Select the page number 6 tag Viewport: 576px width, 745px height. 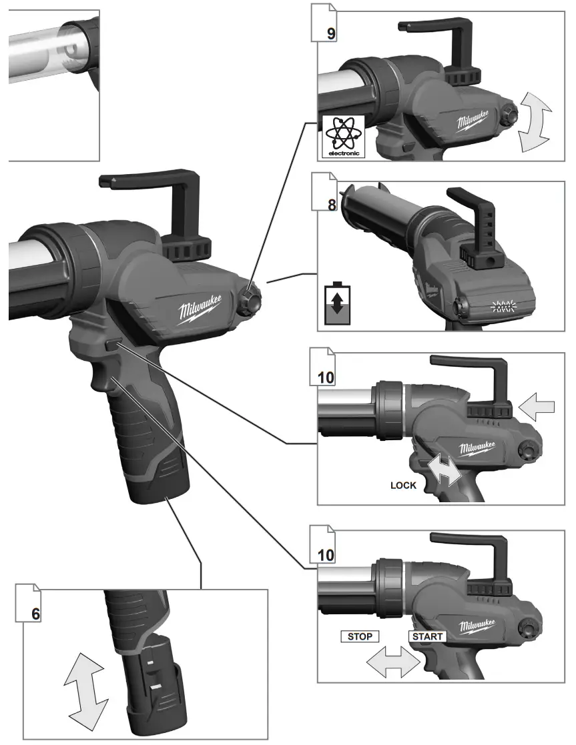35,612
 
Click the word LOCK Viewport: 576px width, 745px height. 403,485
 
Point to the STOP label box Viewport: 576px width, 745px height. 360,636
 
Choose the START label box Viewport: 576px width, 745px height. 427,636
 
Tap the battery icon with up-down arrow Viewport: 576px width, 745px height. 338,303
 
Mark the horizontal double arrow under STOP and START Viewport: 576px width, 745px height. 394,663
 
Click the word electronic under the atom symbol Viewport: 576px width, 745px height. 344,153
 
